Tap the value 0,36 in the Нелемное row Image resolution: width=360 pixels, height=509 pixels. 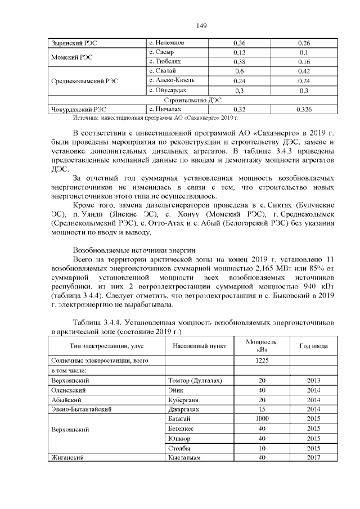[x=240, y=43]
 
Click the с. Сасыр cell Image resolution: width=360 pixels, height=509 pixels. [x=161, y=52]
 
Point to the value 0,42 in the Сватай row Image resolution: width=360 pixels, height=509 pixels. [x=304, y=71]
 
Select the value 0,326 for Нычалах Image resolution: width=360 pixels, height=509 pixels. [x=304, y=109]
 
